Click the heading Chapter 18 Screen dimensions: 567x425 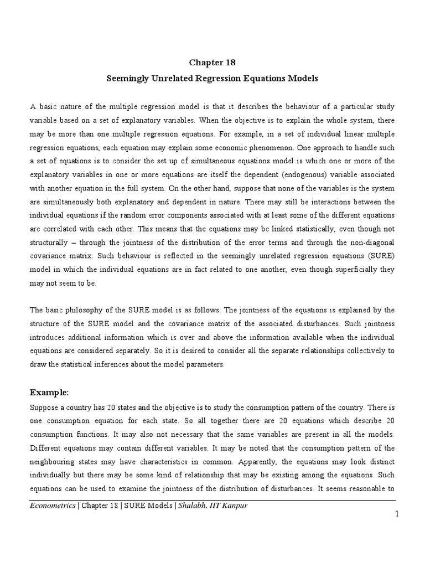coord(212,63)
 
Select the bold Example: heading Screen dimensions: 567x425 coord(49,393)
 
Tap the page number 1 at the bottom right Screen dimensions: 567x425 coord(397,514)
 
